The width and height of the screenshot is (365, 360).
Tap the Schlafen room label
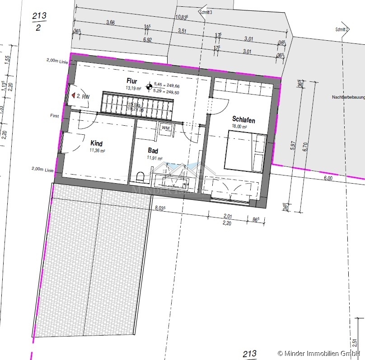point(243,120)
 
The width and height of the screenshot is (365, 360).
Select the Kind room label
point(97,143)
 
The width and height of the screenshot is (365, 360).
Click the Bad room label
point(154,151)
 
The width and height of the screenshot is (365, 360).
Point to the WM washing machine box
point(165,128)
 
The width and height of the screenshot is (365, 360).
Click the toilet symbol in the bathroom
point(140,177)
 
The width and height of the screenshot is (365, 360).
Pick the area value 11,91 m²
point(154,158)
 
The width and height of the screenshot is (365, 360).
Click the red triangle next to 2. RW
point(72,96)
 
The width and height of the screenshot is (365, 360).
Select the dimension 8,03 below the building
point(159,208)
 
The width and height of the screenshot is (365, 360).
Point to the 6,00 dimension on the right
point(328,178)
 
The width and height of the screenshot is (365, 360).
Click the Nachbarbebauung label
point(348,97)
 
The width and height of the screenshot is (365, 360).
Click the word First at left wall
point(55,116)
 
